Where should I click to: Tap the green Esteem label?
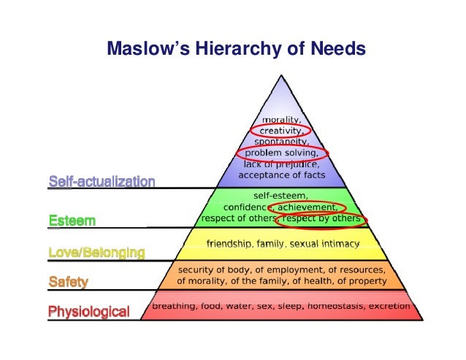coord(72,220)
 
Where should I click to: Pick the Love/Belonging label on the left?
coord(96,252)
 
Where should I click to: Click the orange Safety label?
coord(67,282)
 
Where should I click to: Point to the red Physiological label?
coord(88,313)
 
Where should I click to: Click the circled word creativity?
coord(281,130)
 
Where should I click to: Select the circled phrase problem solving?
coord(281,153)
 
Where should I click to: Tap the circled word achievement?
coord(310,207)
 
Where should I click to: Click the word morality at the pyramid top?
coord(281,119)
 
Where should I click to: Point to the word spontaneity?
coord(281,141)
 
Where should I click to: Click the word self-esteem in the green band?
coord(280,196)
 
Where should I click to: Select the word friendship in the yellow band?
coord(231,242)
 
